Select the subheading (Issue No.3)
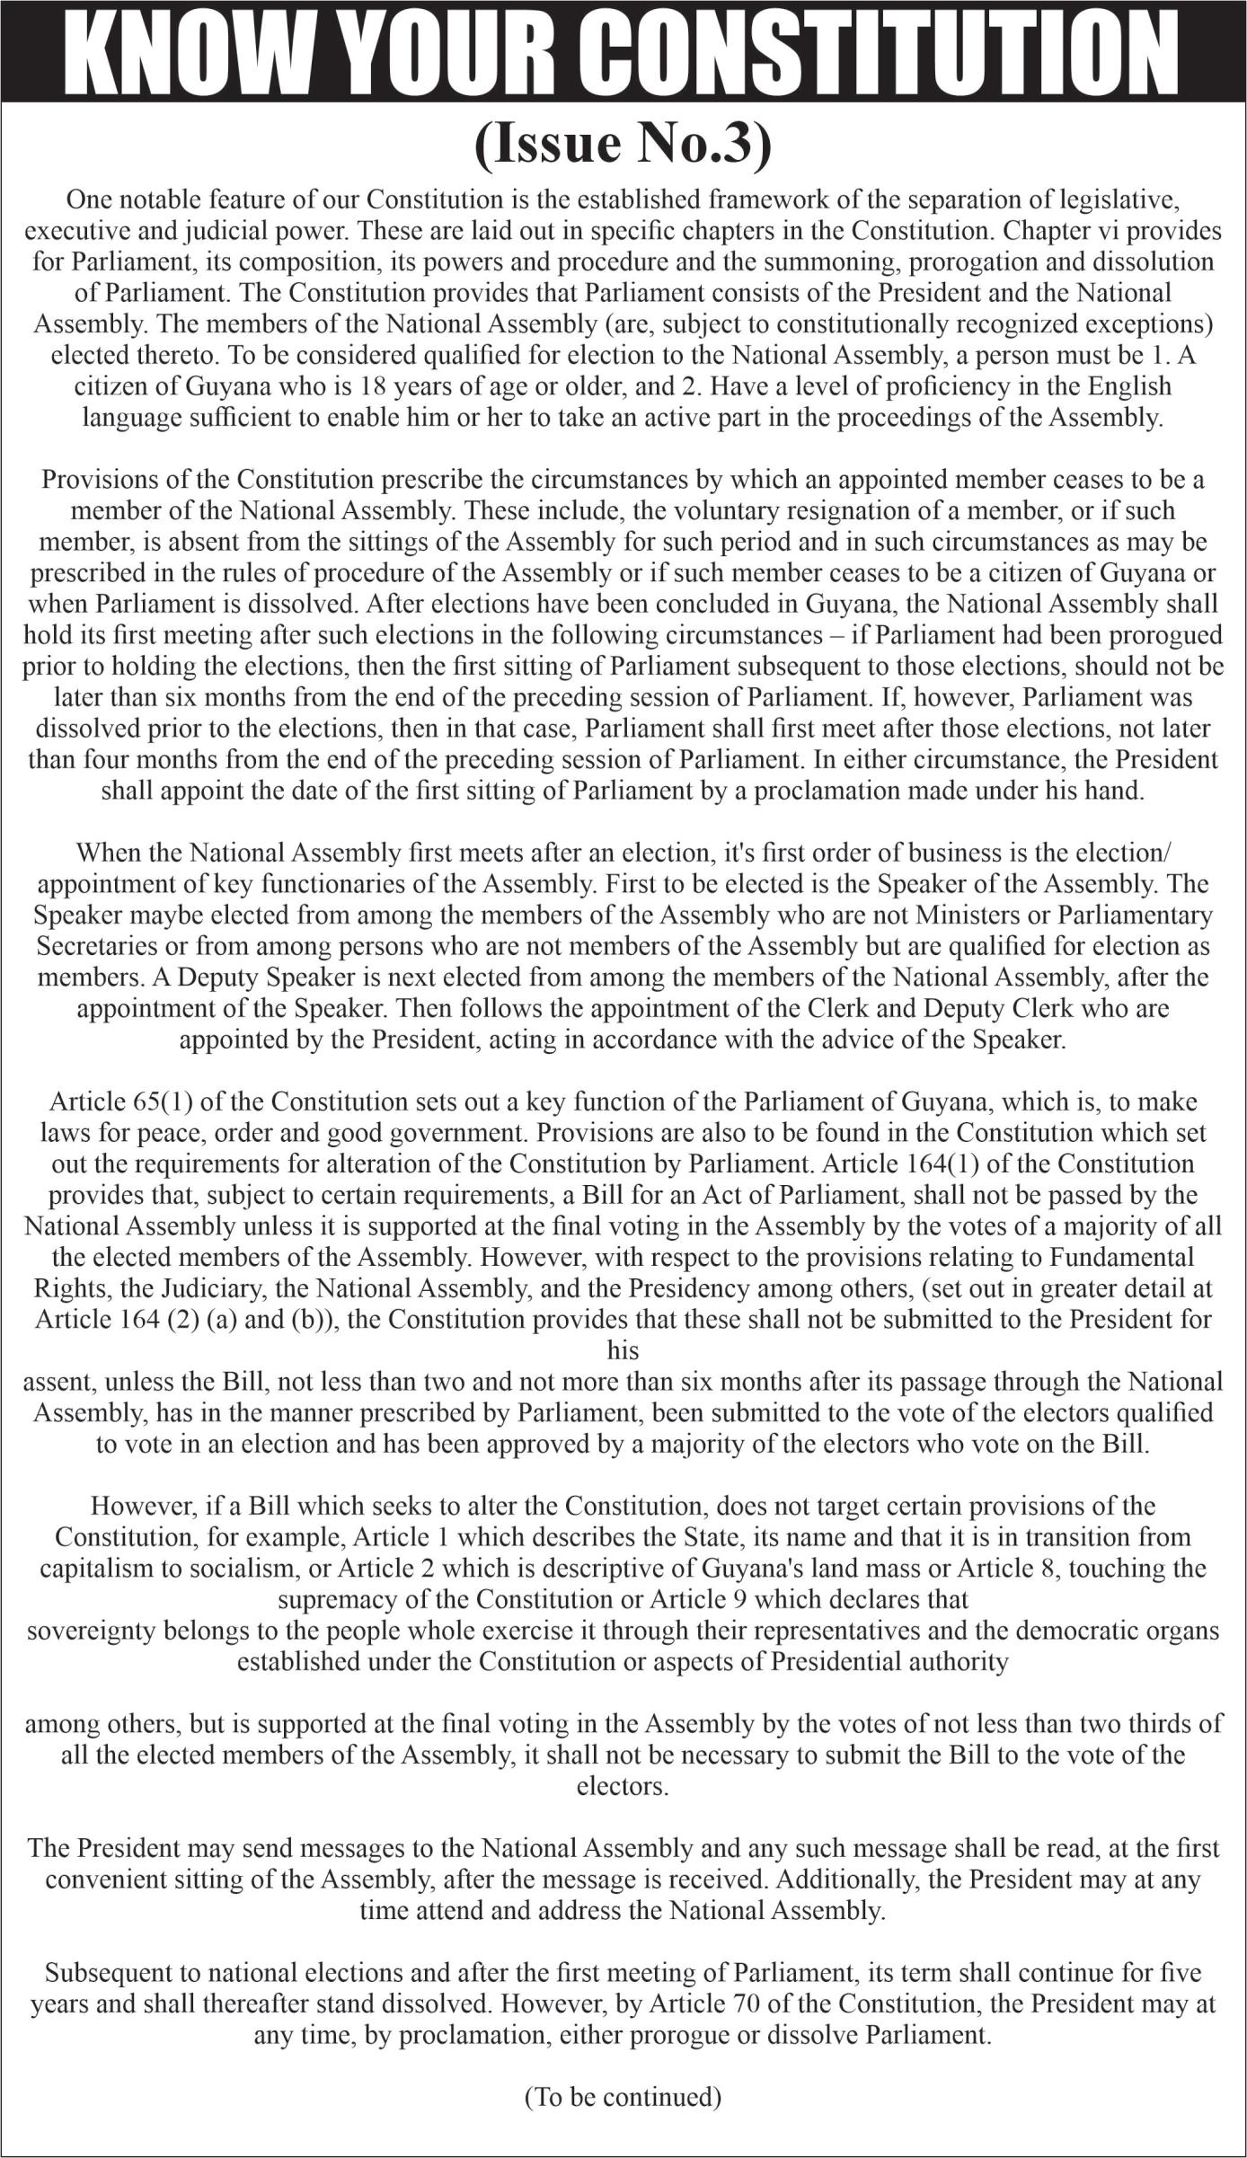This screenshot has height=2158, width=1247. (x=623, y=145)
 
